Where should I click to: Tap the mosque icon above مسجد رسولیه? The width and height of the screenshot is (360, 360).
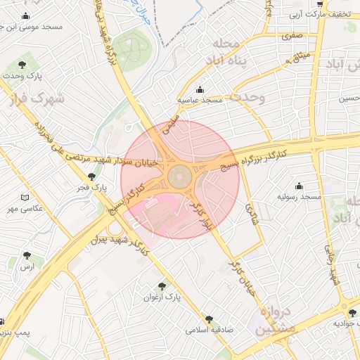point(300,186)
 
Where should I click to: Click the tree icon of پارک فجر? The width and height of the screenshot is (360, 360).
point(91,177)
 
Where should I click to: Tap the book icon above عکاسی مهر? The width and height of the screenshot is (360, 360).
point(25,198)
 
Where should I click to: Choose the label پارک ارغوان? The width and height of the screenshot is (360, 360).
point(162,297)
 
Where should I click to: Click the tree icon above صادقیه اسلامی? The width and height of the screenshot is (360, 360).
point(208,319)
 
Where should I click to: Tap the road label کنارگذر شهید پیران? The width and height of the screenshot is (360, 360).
point(117,242)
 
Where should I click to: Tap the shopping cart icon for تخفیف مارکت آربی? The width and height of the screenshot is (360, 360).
point(321,4)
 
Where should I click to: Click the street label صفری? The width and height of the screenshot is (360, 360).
point(291,34)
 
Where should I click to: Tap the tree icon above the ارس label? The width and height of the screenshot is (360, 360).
point(27,255)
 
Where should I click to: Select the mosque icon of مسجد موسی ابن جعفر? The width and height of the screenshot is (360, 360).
point(26,16)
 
